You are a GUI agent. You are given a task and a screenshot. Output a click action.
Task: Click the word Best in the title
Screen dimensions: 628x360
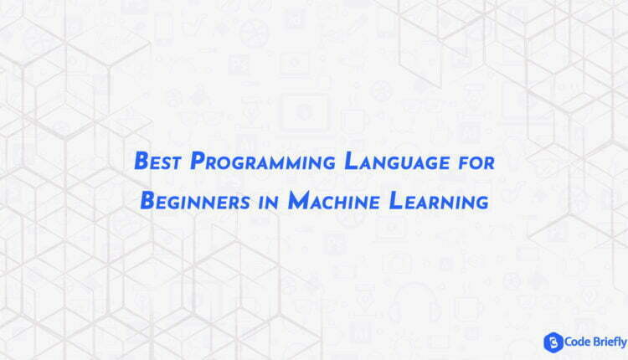(x=157, y=161)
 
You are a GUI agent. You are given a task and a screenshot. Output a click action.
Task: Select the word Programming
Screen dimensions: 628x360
(x=262, y=162)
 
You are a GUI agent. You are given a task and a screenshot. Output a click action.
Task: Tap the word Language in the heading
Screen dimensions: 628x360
(x=397, y=162)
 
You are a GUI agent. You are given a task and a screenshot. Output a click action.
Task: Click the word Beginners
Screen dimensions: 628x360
(x=195, y=200)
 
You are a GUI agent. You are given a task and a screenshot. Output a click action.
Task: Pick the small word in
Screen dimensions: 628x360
(x=269, y=203)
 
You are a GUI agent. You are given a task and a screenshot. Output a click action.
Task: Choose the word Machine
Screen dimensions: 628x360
(x=333, y=200)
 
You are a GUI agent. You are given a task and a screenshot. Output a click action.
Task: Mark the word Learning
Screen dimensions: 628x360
(x=439, y=201)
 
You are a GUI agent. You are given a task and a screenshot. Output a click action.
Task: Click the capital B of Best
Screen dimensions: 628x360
(x=142, y=161)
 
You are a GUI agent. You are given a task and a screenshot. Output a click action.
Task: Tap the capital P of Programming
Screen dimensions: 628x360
(x=198, y=161)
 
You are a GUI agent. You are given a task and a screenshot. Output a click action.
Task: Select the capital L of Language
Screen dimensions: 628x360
(x=351, y=161)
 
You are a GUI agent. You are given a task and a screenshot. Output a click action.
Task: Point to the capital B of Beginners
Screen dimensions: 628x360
(x=147, y=200)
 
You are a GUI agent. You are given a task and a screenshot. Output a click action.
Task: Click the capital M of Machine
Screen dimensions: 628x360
(x=298, y=200)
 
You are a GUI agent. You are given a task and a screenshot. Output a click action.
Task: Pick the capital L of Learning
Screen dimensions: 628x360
(x=395, y=200)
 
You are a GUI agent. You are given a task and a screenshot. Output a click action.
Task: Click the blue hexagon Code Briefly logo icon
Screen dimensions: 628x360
(x=553, y=342)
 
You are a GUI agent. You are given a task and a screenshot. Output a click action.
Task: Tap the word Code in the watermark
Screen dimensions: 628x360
(x=578, y=342)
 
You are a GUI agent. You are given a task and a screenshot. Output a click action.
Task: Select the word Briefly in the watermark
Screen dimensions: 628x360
(x=610, y=342)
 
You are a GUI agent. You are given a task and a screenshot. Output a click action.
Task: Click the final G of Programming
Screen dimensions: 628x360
(x=328, y=164)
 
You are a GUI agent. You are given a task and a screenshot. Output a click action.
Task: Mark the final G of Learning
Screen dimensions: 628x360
(x=481, y=203)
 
